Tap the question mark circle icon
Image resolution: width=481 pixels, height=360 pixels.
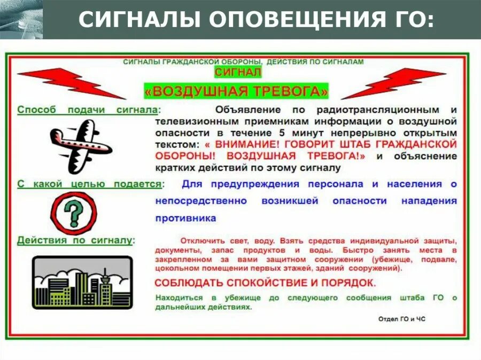(74, 213)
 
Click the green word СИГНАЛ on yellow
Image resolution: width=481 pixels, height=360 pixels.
(238, 72)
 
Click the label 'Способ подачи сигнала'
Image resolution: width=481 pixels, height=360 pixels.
(88, 109)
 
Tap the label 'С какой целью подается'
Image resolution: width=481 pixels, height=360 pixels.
(89, 184)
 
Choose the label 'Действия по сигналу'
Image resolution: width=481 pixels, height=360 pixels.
(74, 240)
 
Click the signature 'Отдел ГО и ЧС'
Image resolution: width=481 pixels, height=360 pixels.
(401, 319)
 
